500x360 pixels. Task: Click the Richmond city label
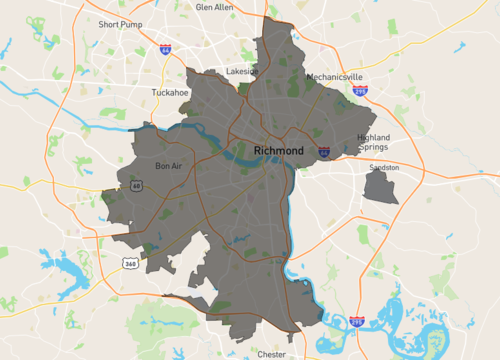tap(278, 151)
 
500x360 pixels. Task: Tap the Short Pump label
tap(119, 23)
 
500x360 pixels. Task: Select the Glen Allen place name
tap(216, 6)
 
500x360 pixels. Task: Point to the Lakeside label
tap(242, 71)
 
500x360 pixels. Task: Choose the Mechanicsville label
tap(335, 77)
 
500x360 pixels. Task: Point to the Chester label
tap(271, 353)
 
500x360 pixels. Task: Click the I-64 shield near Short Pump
tap(164, 49)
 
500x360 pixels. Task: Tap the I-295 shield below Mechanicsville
tap(359, 90)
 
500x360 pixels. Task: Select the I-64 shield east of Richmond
tap(325, 152)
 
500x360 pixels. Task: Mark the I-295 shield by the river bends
tap(357, 322)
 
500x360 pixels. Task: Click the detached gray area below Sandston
tap(380, 187)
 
